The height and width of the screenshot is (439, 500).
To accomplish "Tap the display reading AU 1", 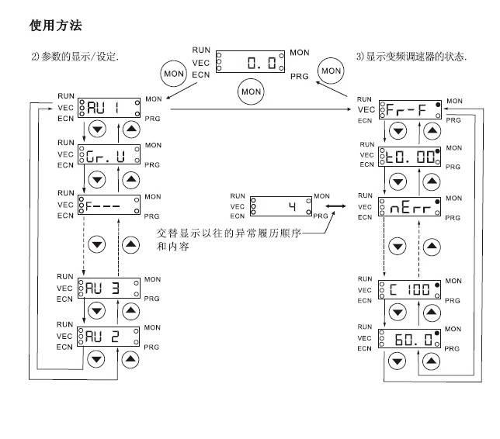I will pyautogui.click(x=109, y=110).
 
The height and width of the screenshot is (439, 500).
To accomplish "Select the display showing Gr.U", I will pyautogui.click(x=109, y=155).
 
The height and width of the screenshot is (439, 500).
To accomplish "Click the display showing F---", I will pyautogui.click(x=109, y=206).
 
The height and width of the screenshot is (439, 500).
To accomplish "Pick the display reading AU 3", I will pyautogui.click(x=109, y=289).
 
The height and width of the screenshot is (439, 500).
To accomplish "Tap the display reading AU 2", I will pyautogui.click(x=109, y=337).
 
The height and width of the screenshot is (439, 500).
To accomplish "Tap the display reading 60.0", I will pyautogui.click(x=411, y=339).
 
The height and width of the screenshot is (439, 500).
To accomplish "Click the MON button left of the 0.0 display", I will pyautogui.click(x=172, y=74).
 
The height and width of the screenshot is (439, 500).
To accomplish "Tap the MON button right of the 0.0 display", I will pyautogui.click(x=331, y=71).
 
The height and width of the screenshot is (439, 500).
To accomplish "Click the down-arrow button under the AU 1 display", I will pyautogui.click(x=96, y=129).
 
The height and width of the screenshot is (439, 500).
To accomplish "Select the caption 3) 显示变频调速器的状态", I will pyautogui.click(x=411, y=57).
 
